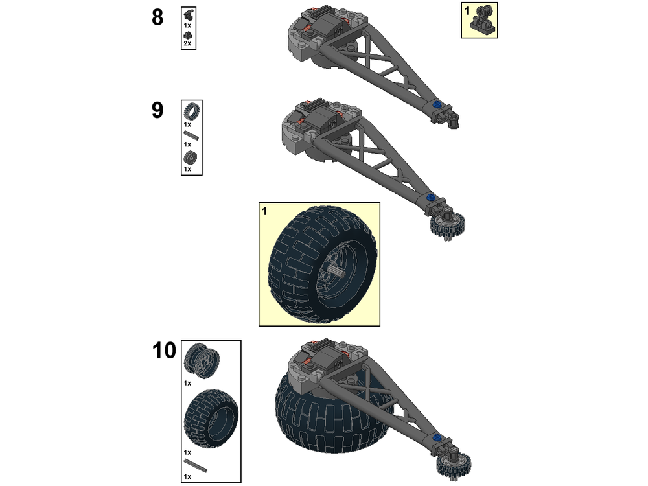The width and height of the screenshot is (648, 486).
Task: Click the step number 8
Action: [x=157, y=17]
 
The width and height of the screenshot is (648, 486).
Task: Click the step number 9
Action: [x=157, y=110]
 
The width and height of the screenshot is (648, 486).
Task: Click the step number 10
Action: [x=164, y=351]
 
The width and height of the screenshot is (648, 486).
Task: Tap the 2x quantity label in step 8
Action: [x=187, y=43]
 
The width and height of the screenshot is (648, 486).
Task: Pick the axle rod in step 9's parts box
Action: [x=191, y=135]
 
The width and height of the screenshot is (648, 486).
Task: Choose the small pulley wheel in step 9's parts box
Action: [x=191, y=157]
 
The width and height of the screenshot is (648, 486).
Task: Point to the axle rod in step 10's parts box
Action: [x=196, y=465]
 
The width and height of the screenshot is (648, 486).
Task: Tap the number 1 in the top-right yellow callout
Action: [x=467, y=10]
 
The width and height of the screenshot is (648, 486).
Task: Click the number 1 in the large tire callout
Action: [x=264, y=211]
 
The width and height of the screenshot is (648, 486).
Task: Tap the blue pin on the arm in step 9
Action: [x=430, y=198]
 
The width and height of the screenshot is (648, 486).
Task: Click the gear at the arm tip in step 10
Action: [x=459, y=463]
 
